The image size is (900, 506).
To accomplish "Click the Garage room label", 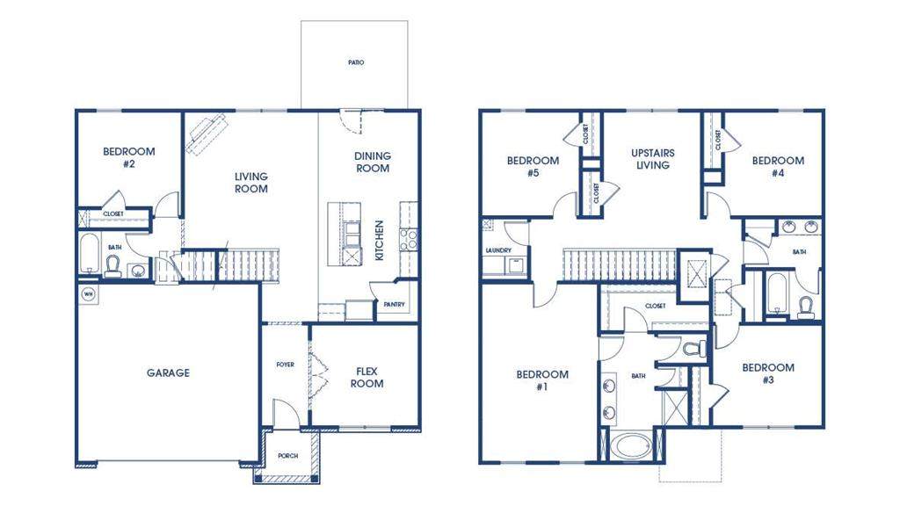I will (167, 372).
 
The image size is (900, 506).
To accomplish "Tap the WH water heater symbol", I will (88, 293).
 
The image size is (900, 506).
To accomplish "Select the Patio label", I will (354, 63).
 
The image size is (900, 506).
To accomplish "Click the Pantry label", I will (391, 305).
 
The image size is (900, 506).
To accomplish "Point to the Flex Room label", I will (367, 377).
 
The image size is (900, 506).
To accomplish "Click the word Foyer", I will (285, 364).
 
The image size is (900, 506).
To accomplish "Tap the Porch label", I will (287, 456).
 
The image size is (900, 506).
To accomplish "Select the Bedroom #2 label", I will (128, 157).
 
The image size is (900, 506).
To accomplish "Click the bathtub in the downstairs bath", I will (91, 254).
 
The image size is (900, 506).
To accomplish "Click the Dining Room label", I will (372, 162).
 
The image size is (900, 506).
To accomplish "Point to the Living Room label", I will (250, 182).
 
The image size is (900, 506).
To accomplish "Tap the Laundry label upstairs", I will (498, 250).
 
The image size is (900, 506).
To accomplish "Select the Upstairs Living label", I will (652, 158).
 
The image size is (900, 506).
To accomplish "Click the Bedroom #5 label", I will (533, 167).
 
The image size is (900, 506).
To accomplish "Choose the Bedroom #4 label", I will (777, 167).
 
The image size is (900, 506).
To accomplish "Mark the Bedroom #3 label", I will (767, 373).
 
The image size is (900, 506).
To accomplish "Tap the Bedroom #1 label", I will (541, 380).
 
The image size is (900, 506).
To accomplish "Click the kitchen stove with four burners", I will (408, 239).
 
